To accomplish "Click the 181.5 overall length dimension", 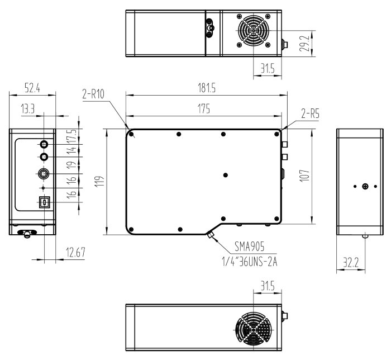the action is (x=207, y=88).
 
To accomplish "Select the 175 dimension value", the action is (x=204, y=109).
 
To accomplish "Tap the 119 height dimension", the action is (x=99, y=182).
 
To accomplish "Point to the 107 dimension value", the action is (x=305, y=176).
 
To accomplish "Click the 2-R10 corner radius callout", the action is (x=93, y=94).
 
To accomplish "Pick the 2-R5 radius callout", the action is (x=310, y=114).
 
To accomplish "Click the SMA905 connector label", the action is (x=249, y=247).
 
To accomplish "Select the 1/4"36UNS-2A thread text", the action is (x=250, y=262).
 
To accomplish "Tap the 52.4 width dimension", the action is (x=32, y=88).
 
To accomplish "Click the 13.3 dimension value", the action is (x=28, y=109).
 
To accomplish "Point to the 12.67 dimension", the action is (x=76, y=252).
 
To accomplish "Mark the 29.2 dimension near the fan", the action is (x=305, y=44).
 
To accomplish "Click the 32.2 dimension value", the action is (x=351, y=262).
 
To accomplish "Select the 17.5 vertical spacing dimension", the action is (x=71, y=136).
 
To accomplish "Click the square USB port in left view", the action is (x=45, y=202).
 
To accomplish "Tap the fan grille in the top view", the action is (x=254, y=31).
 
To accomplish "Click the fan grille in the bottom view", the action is (x=254, y=330).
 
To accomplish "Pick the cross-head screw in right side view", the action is (x=365, y=186).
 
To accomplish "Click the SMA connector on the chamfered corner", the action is (x=210, y=235).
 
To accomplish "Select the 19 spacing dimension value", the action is (x=71, y=165).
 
